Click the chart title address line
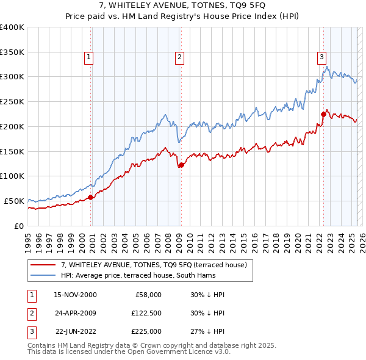click(x=183, y=7)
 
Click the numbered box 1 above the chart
click(x=89, y=58)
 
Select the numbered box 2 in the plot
click(x=180, y=58)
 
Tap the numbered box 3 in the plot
click(x=321, y=58)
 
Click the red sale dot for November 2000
click(x=91, y=197)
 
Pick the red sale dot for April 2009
click(x=181, y=165)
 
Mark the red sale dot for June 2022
click(x=323, y=113)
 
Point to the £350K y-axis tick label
click(x=12, y=52)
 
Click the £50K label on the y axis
click(x=14, y=201)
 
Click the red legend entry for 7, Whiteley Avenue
click(x=153, y=265)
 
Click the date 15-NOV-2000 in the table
click(x=75, y=295)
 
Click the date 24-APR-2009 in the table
click(x=75, y=313)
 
